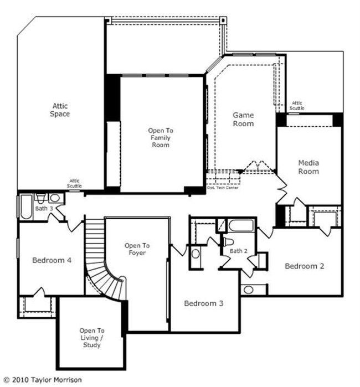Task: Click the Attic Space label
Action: tap(60, 110)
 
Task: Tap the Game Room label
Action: tap(243, 119)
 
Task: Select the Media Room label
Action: tap(308, 167)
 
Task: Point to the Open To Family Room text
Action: tap(161, 137)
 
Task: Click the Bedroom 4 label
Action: tap(52, 260)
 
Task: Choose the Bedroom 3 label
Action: tap(204, 303)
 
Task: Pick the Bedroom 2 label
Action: tap(305, 266)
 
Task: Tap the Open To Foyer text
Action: tap(137, 249)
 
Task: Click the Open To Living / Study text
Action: tap(92, 338)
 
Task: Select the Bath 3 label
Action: tap(44, 209)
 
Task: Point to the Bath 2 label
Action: tap(239, 251)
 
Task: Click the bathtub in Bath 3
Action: tap(26, 207)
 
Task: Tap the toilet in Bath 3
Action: tap(41, 198)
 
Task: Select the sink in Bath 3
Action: tap(55, 198)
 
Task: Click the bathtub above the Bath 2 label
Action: tap(241, 225)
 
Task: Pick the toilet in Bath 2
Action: tap(228, 242)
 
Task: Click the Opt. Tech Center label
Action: tap(223, 188)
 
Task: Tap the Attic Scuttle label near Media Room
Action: tap(297, 106)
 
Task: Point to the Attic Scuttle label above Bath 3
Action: tap(74, 183)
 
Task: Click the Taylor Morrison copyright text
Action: tap(43, 380)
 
